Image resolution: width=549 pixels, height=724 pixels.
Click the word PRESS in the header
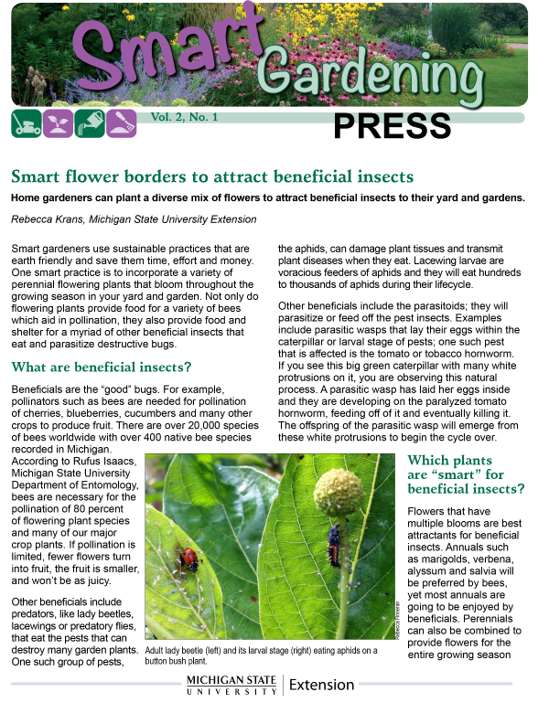coord(392,126)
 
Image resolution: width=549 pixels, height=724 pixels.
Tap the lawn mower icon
coord(26,122)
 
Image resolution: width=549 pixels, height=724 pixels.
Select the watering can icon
coord(90,122)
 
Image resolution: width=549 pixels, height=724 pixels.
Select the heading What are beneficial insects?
coord(101,367)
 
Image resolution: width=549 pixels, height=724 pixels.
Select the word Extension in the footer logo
coord(321,685)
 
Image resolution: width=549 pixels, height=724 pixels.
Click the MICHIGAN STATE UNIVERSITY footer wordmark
coord(231,686)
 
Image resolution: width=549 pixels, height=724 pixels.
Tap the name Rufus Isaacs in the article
coord(102,462)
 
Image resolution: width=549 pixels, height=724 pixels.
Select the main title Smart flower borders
coord(212,177)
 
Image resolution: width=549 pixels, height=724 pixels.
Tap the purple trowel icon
coord(122,122)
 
